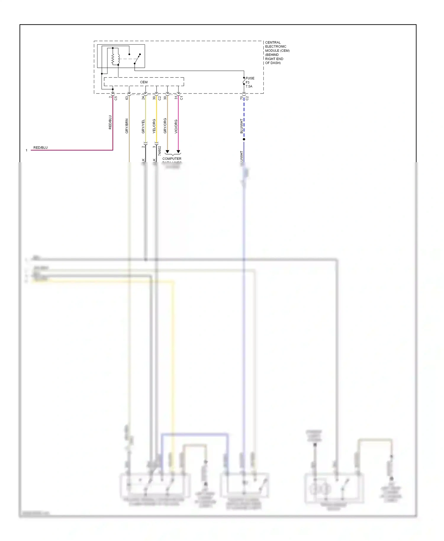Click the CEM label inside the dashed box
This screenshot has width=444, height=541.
(144, 82)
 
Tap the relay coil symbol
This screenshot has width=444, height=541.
(113, 59)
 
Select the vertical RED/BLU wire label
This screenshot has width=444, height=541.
(110, 122)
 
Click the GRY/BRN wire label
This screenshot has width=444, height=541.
(127, 126)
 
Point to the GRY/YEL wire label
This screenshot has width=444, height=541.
(143, 126)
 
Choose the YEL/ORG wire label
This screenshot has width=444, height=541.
(154, 126)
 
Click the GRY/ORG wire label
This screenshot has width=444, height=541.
(165, 126)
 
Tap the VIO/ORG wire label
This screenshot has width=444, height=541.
(176, 126)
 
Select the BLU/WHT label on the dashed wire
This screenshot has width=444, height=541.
(241, 126)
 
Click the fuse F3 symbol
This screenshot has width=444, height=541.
(244, 81)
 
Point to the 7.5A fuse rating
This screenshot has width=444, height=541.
(249, 86)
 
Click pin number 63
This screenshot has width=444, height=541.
(127, 98)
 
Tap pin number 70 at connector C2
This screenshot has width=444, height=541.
(241, 98)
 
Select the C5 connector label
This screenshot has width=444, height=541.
(116, 98)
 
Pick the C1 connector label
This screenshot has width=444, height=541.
(181, 98)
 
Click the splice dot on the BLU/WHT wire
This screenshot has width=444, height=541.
(244, 139)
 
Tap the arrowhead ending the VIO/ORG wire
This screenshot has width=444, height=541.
(178, 152)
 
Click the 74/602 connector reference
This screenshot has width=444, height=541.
(160, 151)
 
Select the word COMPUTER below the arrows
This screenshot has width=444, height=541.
(172, 159)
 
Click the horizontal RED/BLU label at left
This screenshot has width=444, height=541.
(40, 148)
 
